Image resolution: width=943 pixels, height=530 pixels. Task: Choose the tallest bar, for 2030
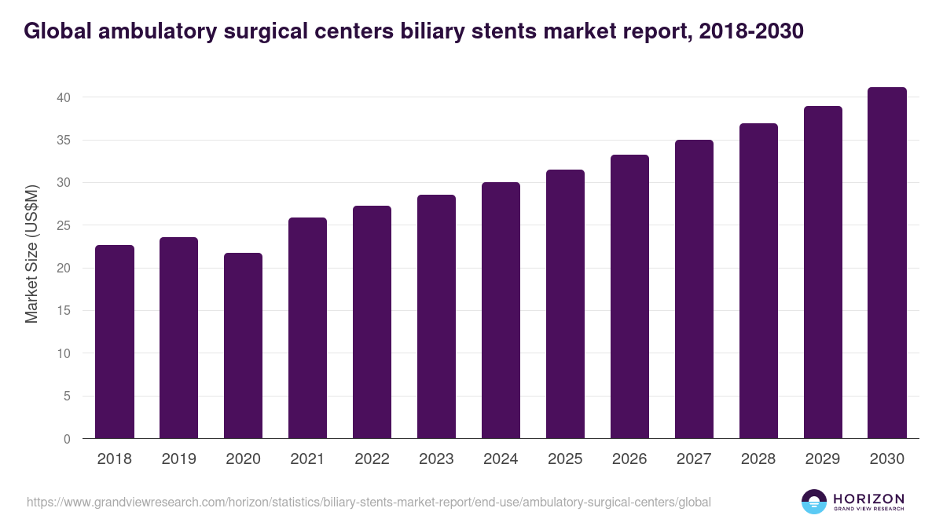[x=887, y=263]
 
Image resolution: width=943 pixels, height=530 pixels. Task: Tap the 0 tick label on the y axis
[x=67, y=439]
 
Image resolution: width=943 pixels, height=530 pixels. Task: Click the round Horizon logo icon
[x=814, y=502]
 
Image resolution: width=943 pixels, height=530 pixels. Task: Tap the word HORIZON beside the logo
[x=868, y=498]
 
